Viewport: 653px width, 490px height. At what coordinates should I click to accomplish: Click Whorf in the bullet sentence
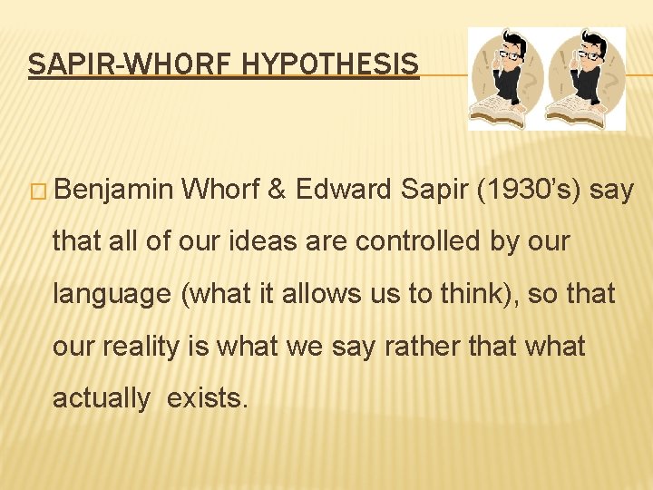[221, 190]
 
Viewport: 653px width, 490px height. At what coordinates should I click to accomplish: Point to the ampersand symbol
[278, 190]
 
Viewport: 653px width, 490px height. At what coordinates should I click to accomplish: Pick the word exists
[207, 398]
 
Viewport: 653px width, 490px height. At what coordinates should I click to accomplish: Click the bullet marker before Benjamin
[41, 191]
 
